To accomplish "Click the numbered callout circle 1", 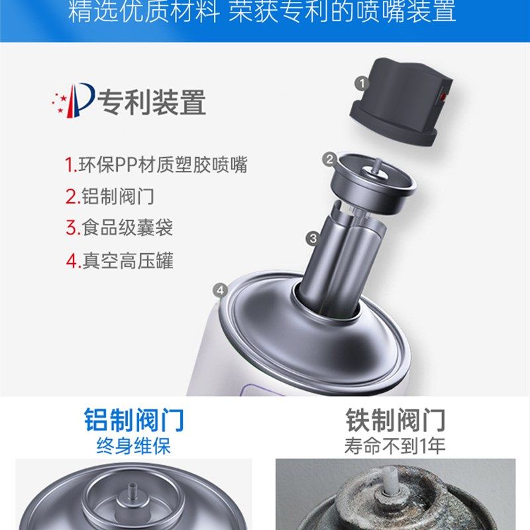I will (x=361, y=83).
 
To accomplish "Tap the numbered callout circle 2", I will (x=329, y=159).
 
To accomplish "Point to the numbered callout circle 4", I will (x=221, y=290).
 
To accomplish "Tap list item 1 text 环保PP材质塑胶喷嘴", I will (x=156, y=165).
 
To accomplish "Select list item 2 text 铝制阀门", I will (x=110, y=197).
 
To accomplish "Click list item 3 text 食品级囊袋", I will (x=119, y=228).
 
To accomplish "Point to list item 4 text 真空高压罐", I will (x=119, y=260).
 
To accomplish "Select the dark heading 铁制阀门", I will (x=396, y=420).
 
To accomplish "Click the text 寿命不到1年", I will (x=396, y=445).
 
